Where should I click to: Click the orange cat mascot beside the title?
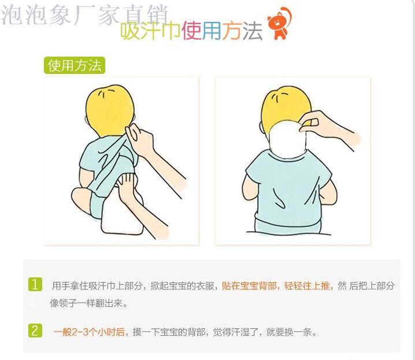point(280,24)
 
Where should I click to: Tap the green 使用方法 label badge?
point(75,65)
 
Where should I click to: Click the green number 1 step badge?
point(35,284)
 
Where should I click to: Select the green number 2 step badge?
point(35,331)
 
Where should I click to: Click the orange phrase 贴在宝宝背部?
point(249,285)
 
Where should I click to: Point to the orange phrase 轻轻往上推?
point(307,285)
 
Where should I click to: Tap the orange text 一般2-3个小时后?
point(89,332)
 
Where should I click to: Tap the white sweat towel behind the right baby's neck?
point(287,139)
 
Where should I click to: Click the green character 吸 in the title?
point(129,31)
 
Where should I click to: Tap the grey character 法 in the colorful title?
point(253,31)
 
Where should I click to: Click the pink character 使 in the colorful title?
point(191,31)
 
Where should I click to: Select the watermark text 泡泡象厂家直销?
point(85,16)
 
